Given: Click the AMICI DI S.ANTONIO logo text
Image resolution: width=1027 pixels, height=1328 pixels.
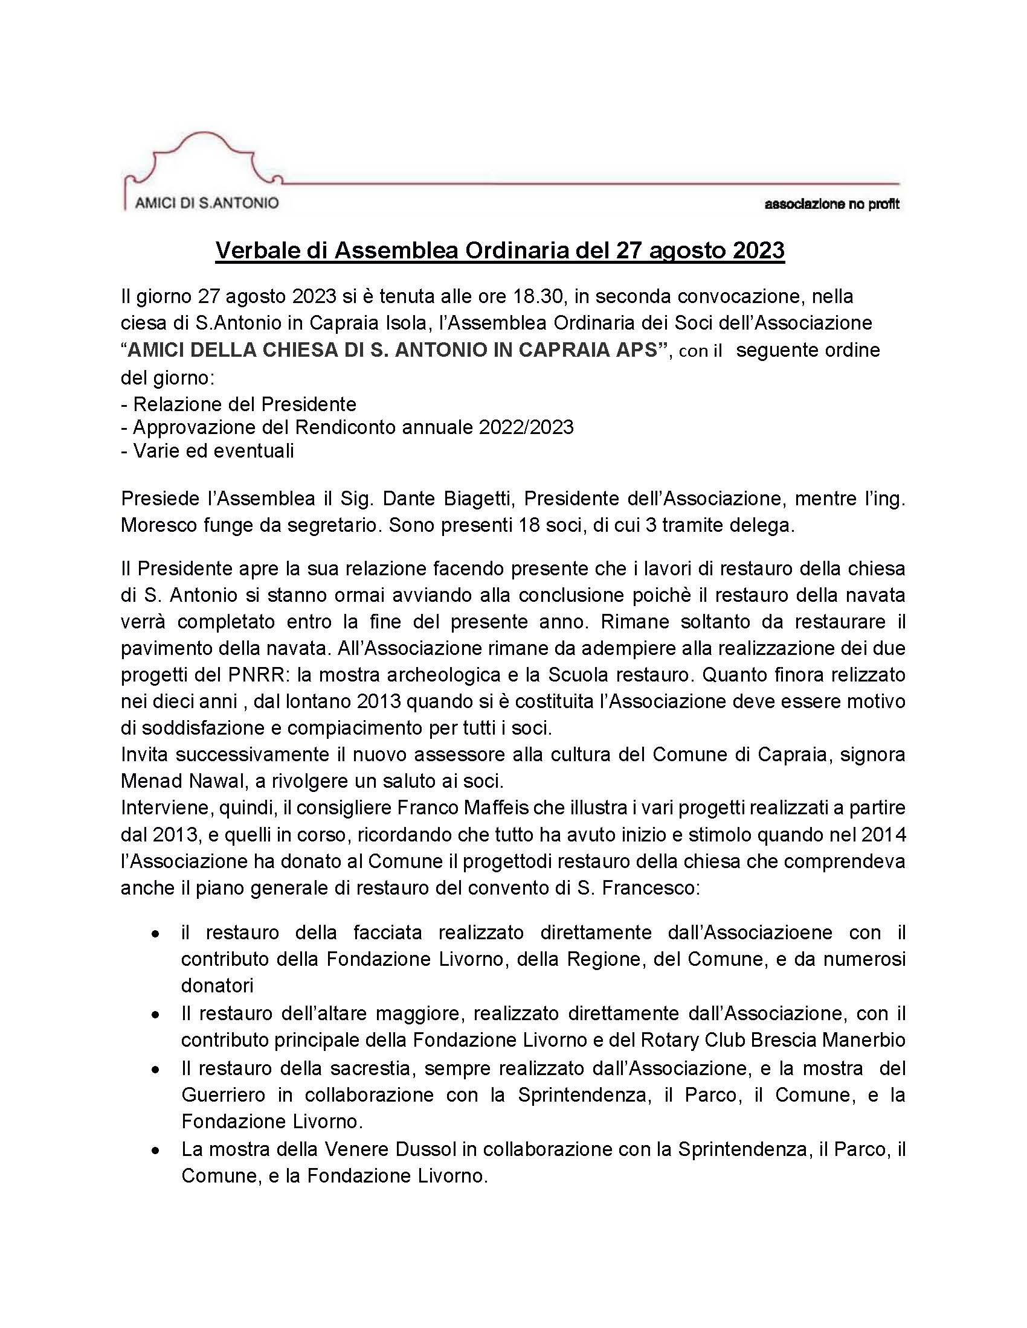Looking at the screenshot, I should coord(206,202).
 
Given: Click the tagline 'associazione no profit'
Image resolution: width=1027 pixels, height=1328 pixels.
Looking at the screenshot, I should coord(831,204).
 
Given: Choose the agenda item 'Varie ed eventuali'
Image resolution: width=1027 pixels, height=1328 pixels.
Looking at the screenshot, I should coord(213,450).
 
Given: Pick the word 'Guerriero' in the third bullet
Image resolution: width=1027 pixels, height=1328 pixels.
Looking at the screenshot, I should coord(224,1095).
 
